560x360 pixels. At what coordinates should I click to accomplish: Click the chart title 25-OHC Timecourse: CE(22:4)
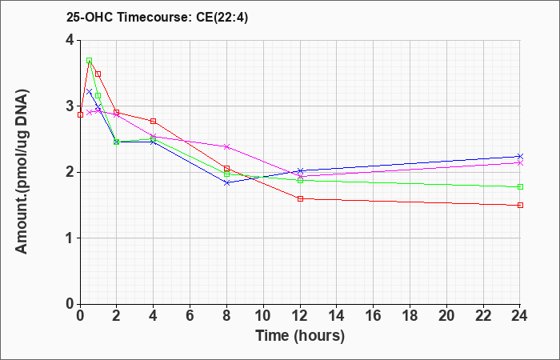click(x=157, y=17)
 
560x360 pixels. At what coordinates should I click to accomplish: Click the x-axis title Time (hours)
click(x=300, y=336)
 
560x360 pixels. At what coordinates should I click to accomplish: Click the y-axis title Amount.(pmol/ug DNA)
click(x=22, y=172)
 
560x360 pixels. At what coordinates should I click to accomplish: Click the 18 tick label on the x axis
click(x=410, y=316)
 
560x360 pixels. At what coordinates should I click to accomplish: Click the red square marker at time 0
click(x=80, y=114)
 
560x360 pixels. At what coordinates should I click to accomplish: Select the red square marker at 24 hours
click(x=520, y=205)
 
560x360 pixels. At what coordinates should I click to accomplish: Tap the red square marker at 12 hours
click(x=300, y=198)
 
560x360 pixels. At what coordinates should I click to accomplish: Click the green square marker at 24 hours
click(x=520, y=186)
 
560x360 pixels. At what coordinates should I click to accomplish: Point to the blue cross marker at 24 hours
click(x=520, y=157)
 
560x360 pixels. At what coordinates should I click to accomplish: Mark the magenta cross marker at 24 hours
click(x=520, y=163)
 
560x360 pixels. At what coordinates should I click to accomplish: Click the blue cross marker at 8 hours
click(x=226, y=183)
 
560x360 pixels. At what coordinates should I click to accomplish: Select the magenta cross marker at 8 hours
click(x=226, y=146)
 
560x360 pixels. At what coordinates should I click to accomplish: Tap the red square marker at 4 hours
click(x=154, y=121)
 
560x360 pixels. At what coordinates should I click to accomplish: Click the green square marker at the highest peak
click(x=90, y=60)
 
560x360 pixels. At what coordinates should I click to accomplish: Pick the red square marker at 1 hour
click(x=98, y=74)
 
